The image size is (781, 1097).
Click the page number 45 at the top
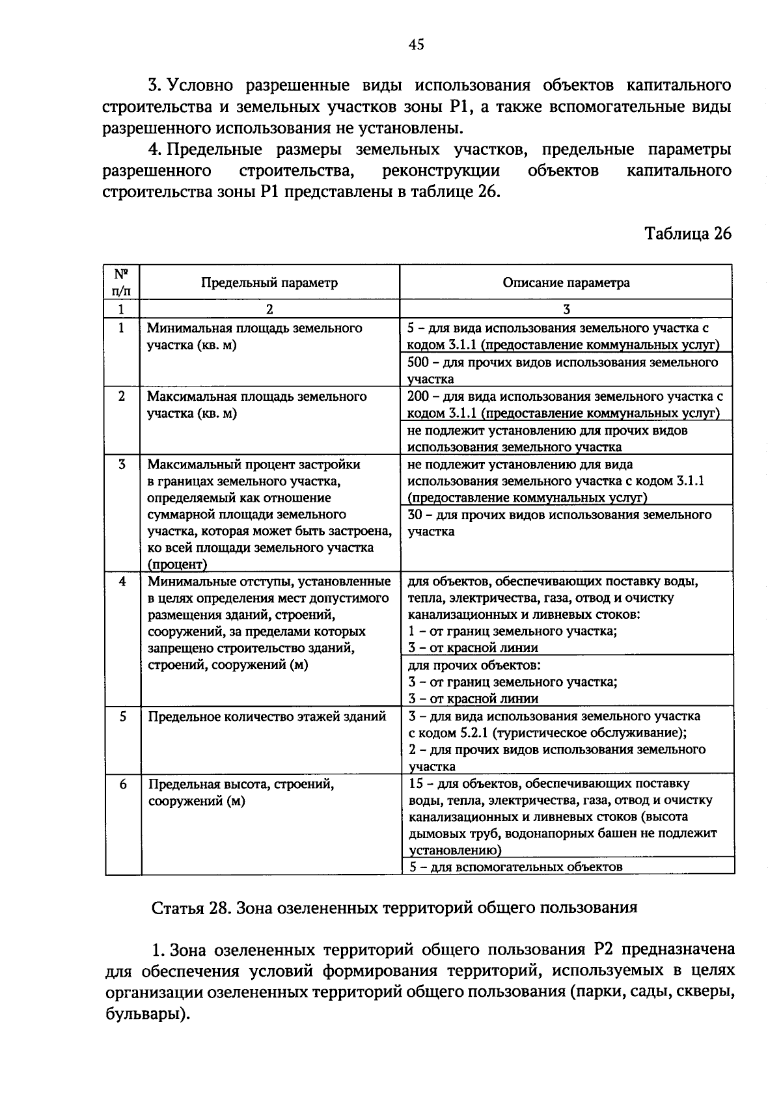coord(416,44)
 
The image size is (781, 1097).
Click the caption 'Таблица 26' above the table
coord(687,234)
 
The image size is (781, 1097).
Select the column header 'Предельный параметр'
coord(269,282)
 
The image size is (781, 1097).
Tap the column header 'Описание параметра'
coord(566,282)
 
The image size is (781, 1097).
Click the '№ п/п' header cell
coord(122,282)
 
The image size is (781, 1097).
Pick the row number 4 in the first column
coord(122,581)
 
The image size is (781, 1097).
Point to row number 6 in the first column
coord(122,784)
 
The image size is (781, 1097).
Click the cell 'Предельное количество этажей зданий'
coord(267,716)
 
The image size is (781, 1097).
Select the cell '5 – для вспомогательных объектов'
coord(515,867)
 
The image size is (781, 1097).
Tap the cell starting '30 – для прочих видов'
coord(560,522)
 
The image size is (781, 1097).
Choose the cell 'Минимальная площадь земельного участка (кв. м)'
coord(254,336)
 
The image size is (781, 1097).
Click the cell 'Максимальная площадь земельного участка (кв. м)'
coord(257,405)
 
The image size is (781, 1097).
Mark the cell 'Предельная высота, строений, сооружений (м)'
coord(241,792)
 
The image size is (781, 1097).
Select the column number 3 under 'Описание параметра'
coord(566,309)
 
